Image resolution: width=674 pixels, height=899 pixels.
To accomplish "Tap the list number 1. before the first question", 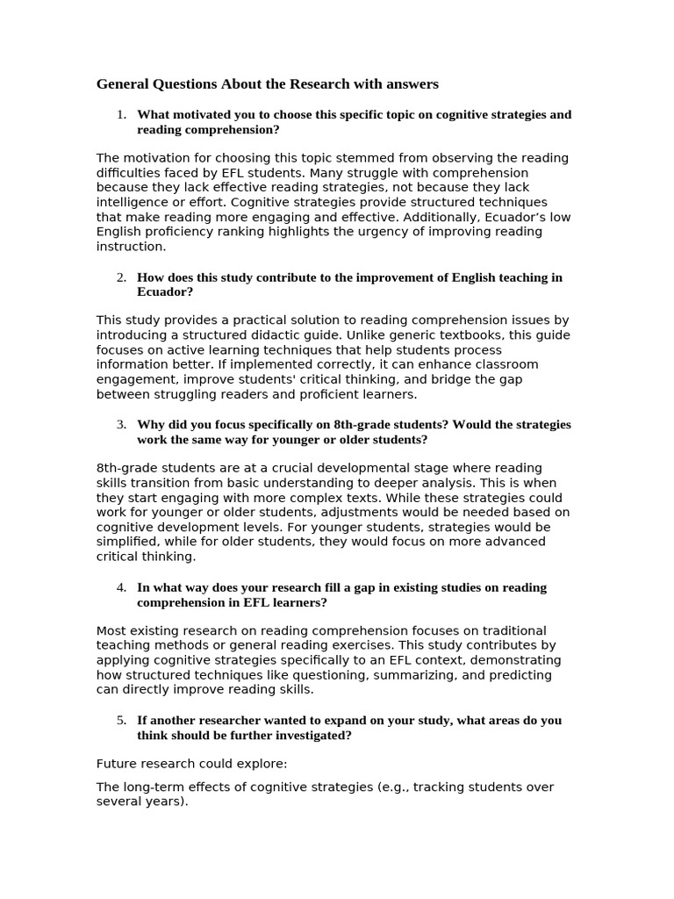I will point(122,115).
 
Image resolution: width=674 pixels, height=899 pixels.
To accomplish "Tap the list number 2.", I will point(122,277).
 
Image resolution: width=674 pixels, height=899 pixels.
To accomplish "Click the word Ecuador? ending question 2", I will point(165,292).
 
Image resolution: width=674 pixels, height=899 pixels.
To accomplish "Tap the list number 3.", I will point(122,425).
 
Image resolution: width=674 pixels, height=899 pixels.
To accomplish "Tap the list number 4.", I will point(122,587).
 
